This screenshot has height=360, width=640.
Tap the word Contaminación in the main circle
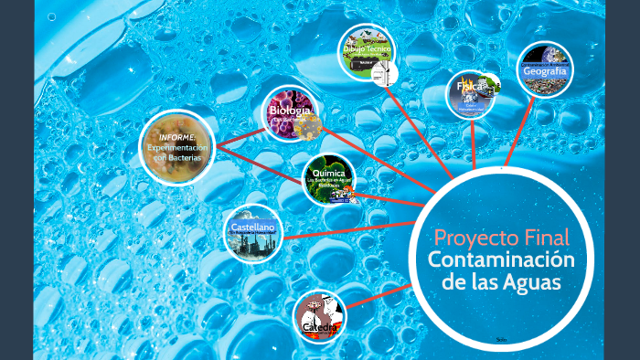[x=501, y=260]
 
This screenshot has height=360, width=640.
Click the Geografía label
[x=546, y=71]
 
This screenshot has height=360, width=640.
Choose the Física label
[x=470, y=87]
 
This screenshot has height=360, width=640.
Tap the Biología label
[x=291, y=111]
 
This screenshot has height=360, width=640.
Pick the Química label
[x=328, y=173]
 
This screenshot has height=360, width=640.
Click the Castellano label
[x=252, y=226]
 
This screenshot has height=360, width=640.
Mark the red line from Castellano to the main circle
[x=347, y=228]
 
